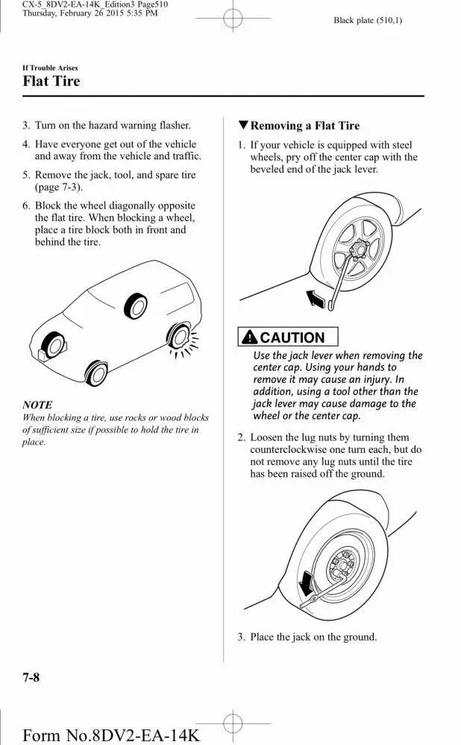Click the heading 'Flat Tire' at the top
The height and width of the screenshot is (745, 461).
[51, 80]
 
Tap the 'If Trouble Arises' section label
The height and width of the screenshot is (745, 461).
[50, 68]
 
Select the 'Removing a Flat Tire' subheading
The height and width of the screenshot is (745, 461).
[304, 126]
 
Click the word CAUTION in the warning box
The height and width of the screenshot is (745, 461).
[293, 337]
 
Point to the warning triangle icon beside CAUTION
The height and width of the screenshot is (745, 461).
[249, 337]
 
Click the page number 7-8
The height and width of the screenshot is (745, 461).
[31, 676]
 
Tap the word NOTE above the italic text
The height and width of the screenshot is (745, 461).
[37, 405]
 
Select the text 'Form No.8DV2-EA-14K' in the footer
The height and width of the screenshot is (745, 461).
[111, 735]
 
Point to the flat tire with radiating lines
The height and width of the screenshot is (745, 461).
[180, 337]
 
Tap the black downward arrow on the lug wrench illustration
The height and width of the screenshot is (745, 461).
[304, 580]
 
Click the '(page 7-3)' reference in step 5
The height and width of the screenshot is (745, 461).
[59, 187]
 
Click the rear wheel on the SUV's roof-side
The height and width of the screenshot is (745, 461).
[136, 305]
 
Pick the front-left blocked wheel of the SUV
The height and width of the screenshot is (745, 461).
[54, 346]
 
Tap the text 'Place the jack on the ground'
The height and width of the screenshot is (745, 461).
[313, 637]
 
